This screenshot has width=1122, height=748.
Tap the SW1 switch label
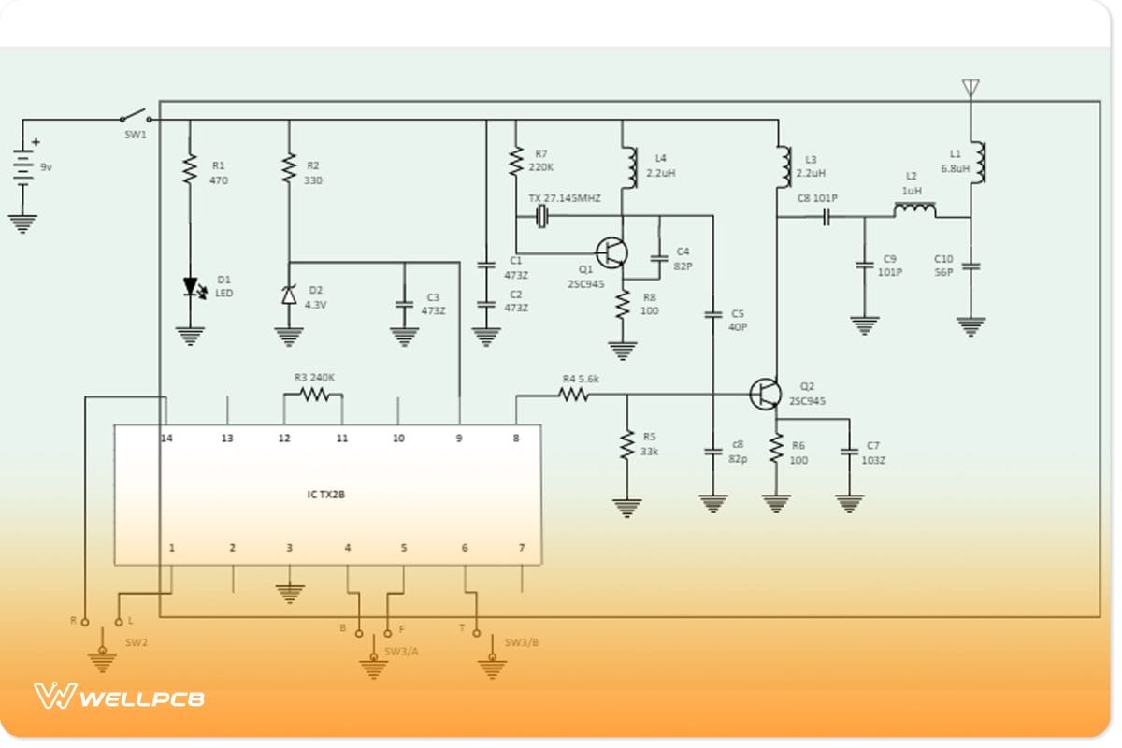136,135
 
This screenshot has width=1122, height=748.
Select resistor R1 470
190,169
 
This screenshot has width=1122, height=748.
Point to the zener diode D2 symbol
289,295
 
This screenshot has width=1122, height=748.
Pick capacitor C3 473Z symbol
404,304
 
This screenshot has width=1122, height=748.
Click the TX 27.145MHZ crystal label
564,199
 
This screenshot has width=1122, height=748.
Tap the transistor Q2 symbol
766,394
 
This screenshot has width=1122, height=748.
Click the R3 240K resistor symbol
313,395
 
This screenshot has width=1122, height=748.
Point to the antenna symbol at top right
971,88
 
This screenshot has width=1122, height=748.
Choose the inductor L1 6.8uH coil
979,163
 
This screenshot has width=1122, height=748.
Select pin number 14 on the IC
166,438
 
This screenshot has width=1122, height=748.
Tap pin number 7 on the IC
522,548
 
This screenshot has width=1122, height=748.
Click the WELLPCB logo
119,697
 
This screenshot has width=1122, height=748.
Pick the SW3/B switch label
522,642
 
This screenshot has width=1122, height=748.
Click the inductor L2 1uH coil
914,210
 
